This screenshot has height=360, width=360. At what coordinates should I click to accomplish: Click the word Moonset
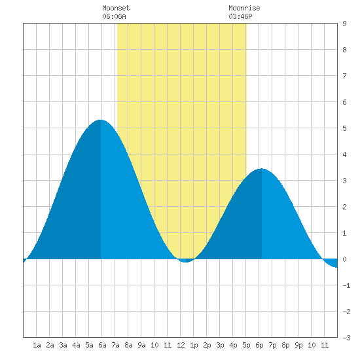116,8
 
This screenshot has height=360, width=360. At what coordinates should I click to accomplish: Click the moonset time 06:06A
114,16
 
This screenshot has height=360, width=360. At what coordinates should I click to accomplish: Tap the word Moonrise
244,8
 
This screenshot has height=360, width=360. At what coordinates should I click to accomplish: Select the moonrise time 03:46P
240,16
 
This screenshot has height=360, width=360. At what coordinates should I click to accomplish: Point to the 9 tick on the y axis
344,24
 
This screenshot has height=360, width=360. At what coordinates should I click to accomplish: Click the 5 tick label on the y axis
344,128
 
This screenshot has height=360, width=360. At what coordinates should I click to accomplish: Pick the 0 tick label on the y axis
344,259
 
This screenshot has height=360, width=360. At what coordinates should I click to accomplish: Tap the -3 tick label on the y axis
346,338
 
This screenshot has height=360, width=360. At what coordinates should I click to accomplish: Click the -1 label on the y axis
346,285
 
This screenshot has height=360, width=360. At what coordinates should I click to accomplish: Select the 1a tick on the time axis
37,345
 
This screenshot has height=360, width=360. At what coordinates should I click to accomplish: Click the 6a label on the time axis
102,345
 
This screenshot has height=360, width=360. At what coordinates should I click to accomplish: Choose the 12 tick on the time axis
181,345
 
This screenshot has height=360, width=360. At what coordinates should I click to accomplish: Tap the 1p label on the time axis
194,345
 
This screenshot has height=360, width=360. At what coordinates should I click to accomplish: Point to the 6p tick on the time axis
259,345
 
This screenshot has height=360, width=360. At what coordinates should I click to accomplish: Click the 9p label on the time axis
298,345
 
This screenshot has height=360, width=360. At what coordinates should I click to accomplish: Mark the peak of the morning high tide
101,120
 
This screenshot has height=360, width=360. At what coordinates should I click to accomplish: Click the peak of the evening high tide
262,169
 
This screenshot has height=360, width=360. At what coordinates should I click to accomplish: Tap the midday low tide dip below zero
186,261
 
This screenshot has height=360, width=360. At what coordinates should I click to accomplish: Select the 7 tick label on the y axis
344,76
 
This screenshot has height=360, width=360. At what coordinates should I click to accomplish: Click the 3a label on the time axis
63,345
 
